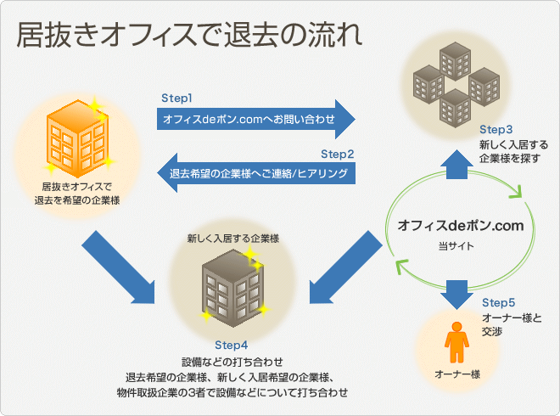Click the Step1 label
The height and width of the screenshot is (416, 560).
click(176, 98)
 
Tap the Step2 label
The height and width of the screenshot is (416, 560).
click(337, 154)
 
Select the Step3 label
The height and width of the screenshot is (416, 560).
click(496, 129)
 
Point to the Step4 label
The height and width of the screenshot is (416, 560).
click(232, 346)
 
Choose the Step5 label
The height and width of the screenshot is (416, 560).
click(499, 303)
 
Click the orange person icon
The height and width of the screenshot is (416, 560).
click(456, 342)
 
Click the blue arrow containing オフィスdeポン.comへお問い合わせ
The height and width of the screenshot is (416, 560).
click(255, 119)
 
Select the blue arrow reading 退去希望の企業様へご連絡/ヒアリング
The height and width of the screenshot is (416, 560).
click(256, 173)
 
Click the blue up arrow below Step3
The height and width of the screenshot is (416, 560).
click(456, 165)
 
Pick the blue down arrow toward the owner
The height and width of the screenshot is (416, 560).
click(456, 295)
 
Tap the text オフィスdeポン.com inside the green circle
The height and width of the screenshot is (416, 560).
click(461, 226)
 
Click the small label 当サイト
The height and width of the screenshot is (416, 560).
click(456, 246)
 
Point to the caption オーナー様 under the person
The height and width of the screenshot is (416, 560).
click(457, 374)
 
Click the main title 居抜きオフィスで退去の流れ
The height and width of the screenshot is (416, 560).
click(190, 35)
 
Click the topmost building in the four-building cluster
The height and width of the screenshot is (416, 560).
click(455, 61)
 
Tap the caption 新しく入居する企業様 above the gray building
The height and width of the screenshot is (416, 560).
click(232, 239)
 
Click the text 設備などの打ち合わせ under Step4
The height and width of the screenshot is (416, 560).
click(232, 362)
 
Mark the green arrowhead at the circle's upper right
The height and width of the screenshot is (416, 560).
click(516, 192)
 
